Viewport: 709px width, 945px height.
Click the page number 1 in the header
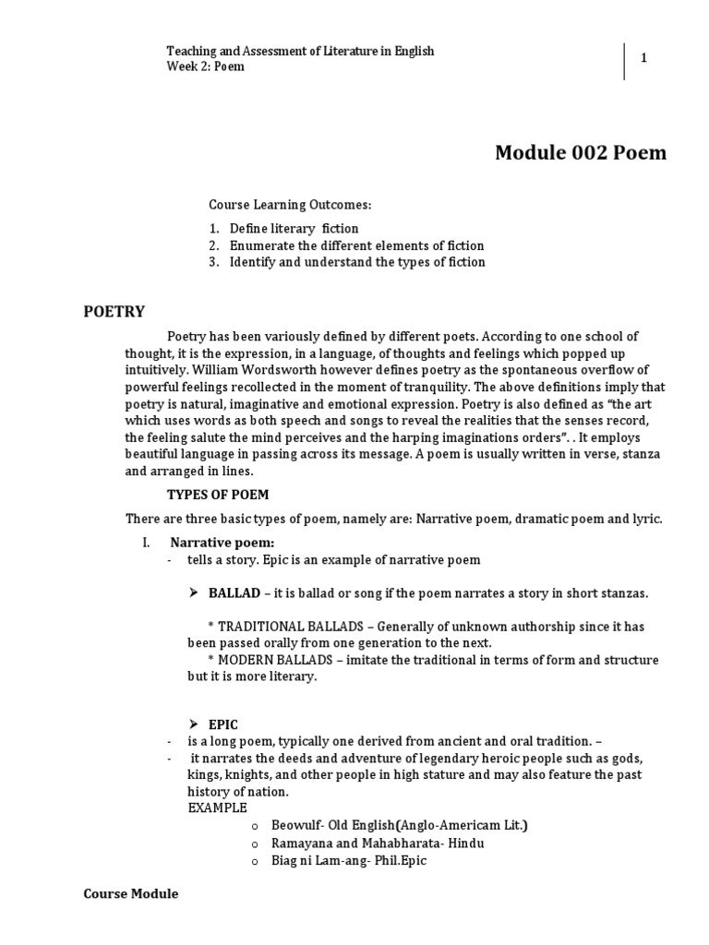[643, 58]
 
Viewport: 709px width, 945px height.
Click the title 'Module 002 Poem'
[580, 152]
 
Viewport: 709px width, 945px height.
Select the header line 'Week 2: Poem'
[205, 67]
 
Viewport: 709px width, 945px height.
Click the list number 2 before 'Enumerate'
[212, 245]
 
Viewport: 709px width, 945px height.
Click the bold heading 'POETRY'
[114, 311]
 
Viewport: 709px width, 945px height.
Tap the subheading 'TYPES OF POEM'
[217, 495]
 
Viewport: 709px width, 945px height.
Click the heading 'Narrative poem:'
[222, 542]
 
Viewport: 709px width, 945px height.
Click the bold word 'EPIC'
[223, 725]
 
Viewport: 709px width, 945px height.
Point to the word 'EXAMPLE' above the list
[218, 808]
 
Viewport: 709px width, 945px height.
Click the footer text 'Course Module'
[131, 894]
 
